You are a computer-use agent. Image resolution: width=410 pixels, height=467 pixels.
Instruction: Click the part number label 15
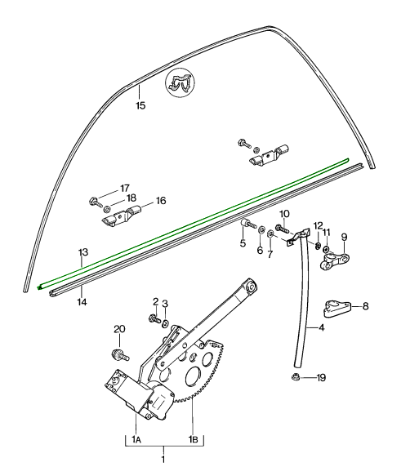click(x=140, y=105)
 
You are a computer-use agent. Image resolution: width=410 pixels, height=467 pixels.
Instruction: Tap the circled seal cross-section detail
click(x=180, y=82)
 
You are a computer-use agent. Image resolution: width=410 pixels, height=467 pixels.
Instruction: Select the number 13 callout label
click(x=83, y=252)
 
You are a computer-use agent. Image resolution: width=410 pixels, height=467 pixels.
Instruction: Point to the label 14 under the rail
click(x=82, y=302)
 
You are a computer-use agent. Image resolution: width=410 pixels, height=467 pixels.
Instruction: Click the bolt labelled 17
click(x=96, y=202)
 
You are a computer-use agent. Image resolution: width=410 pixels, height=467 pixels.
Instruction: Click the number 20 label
click(x=119, y=329)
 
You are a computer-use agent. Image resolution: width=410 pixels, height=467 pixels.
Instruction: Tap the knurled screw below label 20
click(x=120, y=354)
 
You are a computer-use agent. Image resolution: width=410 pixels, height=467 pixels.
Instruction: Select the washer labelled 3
click(x=165, y=323)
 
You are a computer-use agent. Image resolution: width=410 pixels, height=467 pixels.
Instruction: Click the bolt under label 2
click(x=154, y=318)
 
